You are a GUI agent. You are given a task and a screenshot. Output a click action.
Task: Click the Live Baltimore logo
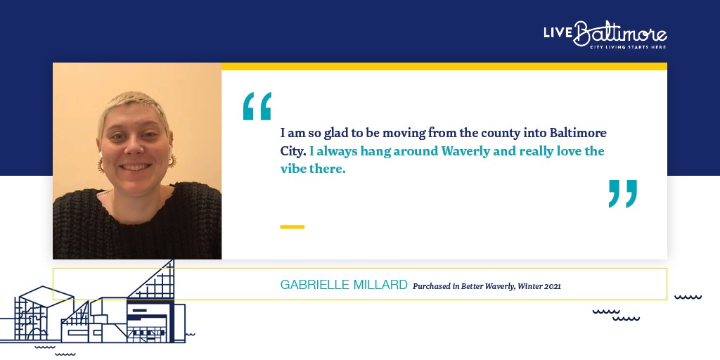click(x=605, y=34)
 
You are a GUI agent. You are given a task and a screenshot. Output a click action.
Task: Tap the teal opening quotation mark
click(x=257, y=106)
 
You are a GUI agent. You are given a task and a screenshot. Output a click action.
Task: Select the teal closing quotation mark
click(x=623, y=193)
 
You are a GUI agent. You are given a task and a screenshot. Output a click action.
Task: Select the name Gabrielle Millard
click(x=344, y=285)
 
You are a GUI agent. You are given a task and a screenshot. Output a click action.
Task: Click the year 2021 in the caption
click(x=553, y=286)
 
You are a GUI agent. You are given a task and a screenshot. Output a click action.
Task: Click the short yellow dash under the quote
click(x=292, y=227)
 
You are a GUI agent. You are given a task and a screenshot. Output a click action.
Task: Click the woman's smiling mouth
click(x=134, y=167)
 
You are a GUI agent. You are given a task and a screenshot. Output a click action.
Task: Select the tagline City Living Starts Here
click(x=628, y=47)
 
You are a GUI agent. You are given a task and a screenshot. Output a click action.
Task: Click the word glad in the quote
click(x=322, y=134)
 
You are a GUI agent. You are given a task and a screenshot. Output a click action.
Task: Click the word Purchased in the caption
click(x=432, y=286)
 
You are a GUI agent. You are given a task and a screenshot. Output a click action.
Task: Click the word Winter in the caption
click(x=531, y=286)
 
